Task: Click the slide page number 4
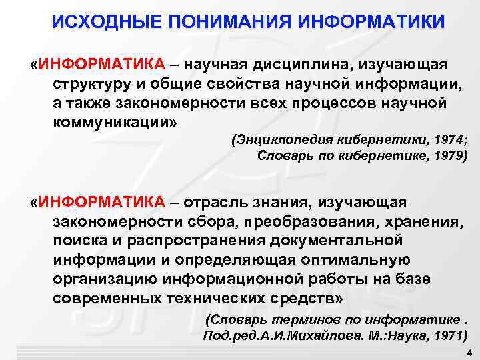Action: (x=469, y=353)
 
